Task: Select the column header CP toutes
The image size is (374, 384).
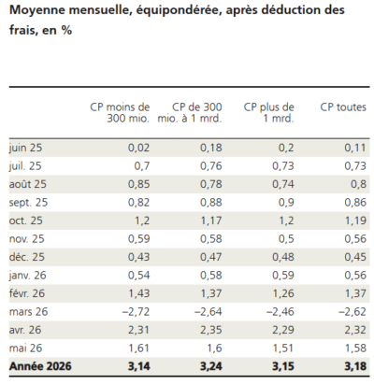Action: coord(343,107)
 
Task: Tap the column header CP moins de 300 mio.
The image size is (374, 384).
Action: coord(120,113)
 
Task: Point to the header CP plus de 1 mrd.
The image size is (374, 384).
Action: coord(268,113)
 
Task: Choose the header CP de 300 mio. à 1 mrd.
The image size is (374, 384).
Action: coord(190,113)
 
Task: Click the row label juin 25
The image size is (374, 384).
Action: coord(25,148)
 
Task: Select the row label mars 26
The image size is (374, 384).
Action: coord(28,312)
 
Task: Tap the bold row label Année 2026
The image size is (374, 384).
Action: coord(40,366)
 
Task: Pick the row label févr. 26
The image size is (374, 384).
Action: coord(27,293)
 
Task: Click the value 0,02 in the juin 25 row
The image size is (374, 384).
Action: coord(138,148)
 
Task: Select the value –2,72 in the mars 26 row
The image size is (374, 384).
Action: coord(136,312)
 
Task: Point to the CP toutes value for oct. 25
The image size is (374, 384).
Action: coord(355,220)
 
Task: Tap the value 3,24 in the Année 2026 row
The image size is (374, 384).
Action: coord(211,366)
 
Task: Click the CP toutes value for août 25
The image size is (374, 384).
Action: coord(358,184)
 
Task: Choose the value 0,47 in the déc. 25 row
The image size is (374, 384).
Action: coord(211,257)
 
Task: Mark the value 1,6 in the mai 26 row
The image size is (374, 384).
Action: coord(214,348)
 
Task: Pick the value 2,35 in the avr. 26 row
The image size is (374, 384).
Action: coord(211,330)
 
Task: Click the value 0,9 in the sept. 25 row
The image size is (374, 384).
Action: coord(286,203)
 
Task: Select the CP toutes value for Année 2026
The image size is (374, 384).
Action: coord(355,366)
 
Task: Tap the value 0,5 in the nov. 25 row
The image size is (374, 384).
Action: coord(286,239)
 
